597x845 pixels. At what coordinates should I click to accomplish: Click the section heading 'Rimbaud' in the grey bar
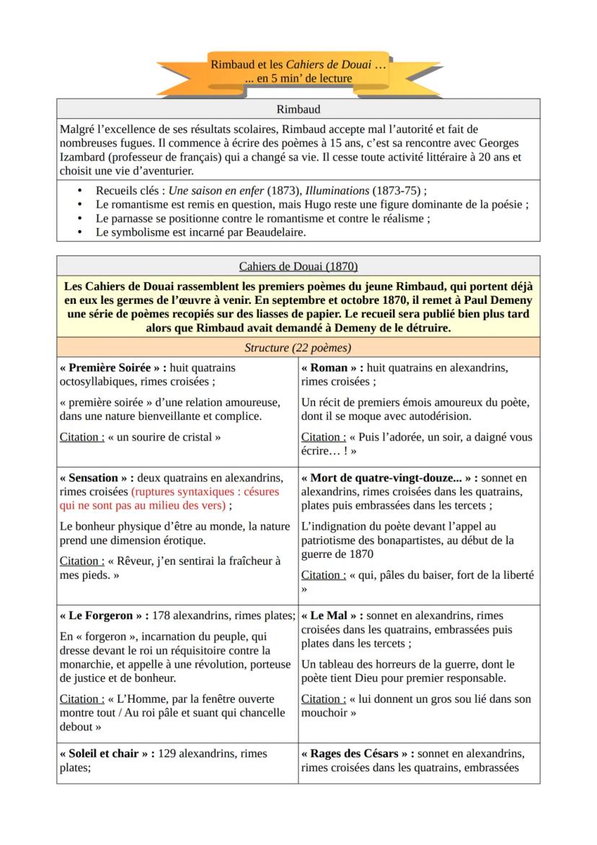pyautogui.click(x=298, y=109)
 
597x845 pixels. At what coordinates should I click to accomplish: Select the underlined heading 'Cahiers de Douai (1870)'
pyautogui.click(x=298, y=266)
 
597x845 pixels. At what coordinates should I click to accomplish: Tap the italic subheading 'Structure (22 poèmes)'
pyautogui.click(x=298, y=348)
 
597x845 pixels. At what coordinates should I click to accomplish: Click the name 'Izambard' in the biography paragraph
pyautogui.click(x=83, y=157)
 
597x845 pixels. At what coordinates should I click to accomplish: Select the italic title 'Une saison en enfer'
pyautogui.click(x=217, y=191)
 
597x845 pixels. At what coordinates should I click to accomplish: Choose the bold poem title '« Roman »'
pyautogui.click(x=327, y=367)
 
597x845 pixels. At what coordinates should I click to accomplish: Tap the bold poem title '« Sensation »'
pyautogui.click(x=93, y=478)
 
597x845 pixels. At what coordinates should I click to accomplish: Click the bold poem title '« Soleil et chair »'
pyautogui.click(x=105, y=753)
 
